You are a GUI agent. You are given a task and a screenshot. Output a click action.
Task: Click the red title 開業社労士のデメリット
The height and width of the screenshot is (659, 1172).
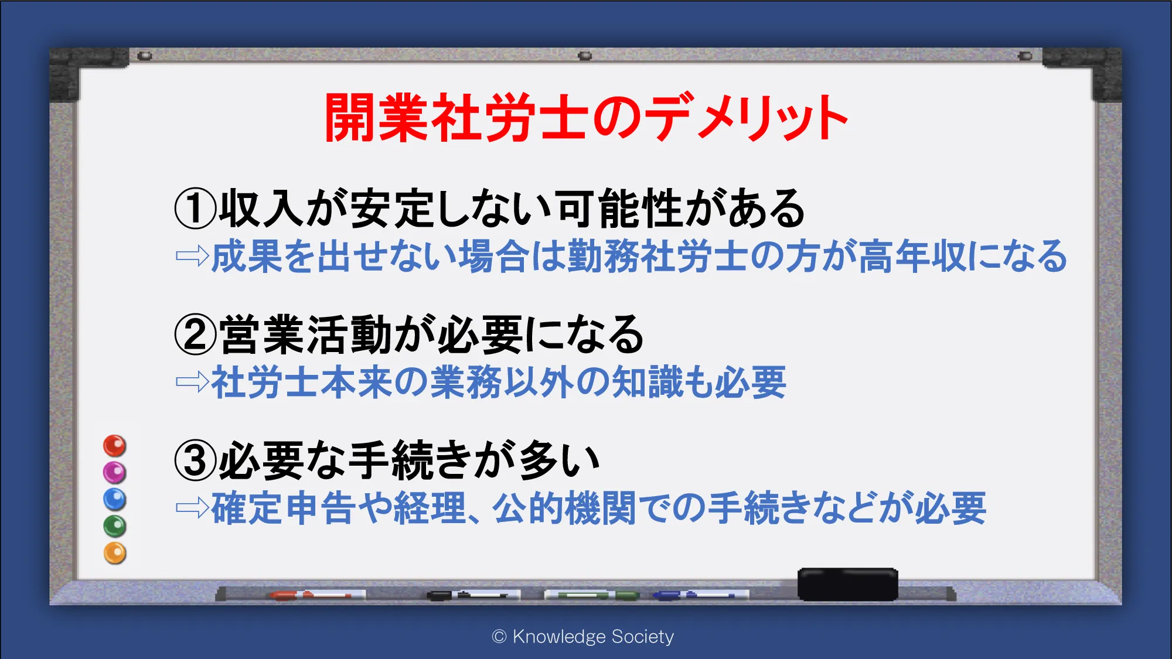pos(587,117)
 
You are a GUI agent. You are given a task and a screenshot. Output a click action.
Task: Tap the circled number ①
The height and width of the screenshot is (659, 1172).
pos(196,209)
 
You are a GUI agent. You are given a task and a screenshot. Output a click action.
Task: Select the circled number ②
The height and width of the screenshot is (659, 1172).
pos(196,334)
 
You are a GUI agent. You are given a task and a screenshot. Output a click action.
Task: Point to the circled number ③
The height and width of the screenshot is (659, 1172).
pos(196,460)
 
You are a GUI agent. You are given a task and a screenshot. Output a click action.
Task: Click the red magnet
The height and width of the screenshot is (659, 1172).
pos(115,446)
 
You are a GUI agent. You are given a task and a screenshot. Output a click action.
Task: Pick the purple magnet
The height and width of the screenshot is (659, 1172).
pos(115,472)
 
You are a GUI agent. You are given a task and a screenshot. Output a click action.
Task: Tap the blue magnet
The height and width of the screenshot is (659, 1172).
pos(115,499)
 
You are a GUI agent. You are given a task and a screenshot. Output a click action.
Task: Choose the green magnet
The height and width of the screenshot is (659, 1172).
pos(115,526)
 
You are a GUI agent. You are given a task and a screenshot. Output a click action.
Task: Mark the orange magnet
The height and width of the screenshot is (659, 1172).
pos(115,553)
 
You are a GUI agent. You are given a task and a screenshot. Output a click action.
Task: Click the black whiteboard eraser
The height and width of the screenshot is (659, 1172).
pos(847,584)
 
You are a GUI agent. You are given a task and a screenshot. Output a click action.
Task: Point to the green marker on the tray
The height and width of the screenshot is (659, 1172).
pos(592,595)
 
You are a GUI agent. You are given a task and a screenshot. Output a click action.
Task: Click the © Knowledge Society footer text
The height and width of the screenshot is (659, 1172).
pos(583,637)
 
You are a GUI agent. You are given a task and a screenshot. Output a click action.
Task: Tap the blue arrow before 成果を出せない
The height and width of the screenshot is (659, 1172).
pos(192,256)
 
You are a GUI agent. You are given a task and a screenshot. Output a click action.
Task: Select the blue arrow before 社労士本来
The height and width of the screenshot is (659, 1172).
pos(192,382)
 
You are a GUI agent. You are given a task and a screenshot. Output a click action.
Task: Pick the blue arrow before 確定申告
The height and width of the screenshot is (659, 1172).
pos(192,508)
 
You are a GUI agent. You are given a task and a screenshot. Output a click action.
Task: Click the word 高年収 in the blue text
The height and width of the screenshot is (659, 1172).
pos(912,256)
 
